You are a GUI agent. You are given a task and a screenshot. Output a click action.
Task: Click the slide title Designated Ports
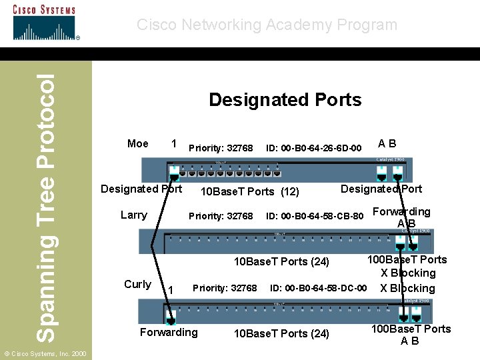pos(285,100)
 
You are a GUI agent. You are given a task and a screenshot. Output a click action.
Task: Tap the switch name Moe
pos(138,144)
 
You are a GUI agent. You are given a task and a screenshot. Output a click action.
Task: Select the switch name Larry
pos(133,215)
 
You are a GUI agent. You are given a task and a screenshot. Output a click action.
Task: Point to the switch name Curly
pos(137,284)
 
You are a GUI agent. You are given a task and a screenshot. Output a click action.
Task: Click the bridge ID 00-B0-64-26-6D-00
pos(314,147)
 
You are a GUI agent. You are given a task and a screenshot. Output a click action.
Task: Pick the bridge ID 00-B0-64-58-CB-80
pos(315,216)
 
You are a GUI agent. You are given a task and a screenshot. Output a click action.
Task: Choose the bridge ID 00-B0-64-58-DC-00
pos(318,288)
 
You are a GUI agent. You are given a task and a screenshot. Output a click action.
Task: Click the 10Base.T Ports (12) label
pos(250,192)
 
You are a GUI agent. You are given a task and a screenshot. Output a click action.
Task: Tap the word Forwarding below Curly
pos(169,332)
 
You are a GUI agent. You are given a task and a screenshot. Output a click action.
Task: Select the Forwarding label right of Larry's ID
pos(401,212)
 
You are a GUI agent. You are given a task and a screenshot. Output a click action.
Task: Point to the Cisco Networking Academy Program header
pos(267,25)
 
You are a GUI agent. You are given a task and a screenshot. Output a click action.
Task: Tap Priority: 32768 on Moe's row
pos(221,147)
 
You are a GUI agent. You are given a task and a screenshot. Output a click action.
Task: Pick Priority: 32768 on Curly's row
pos(225,288)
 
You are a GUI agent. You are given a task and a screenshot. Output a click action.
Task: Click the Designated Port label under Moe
pos(141,189)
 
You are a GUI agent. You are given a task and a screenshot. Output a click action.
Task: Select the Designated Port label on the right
pos(381,189)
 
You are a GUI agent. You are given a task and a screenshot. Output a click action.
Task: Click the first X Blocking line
pos(408,273)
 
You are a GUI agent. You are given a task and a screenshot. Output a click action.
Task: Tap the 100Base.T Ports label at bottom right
pos(411,329)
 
